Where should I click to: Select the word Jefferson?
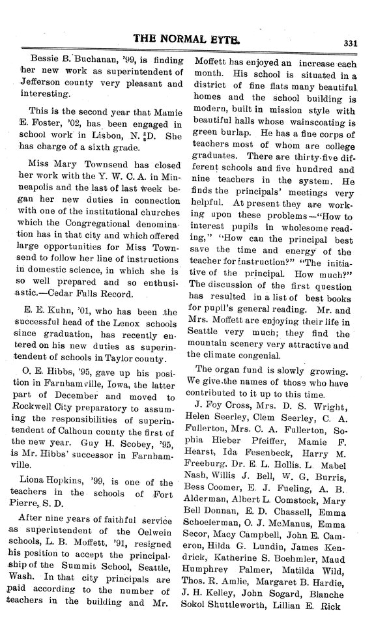(43, 84)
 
